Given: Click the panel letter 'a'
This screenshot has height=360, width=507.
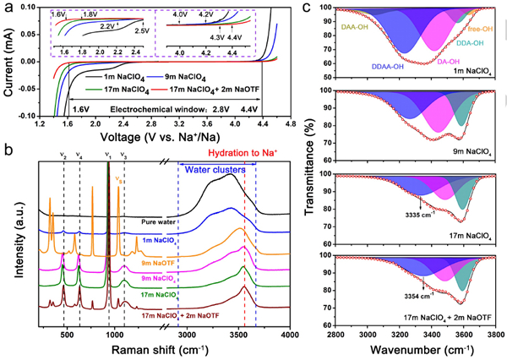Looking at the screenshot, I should [x=8, y=7].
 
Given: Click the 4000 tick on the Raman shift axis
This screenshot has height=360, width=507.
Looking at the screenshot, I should [x=289, y=338].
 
